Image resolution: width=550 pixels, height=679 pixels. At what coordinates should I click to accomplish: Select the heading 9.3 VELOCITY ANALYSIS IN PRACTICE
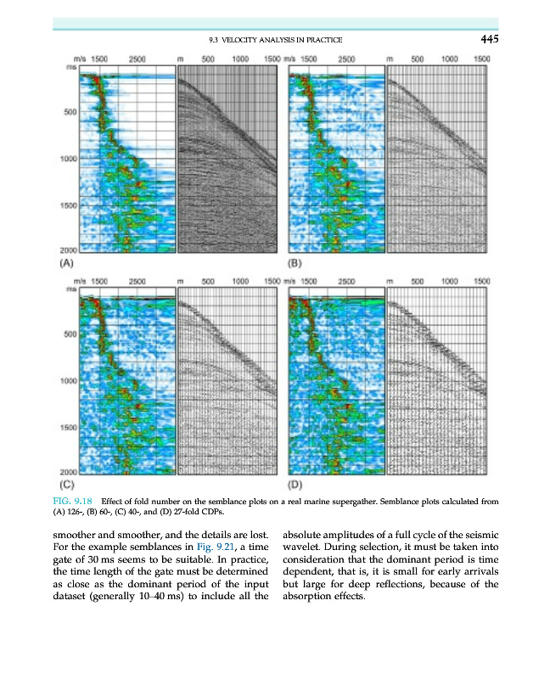pos(275,40)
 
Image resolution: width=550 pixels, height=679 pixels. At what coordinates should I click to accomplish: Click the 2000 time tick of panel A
pos(67,251)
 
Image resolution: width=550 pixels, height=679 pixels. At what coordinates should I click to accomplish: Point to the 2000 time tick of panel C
pos(67,472)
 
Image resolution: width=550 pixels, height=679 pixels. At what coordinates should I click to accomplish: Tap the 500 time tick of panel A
pos(70,111)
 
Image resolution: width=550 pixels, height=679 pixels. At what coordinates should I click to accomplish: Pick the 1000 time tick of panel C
pos(67,381)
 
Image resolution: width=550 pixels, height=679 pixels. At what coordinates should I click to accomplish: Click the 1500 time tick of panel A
pos(67,205)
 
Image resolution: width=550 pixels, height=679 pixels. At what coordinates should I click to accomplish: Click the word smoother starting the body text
pos(78,535)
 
